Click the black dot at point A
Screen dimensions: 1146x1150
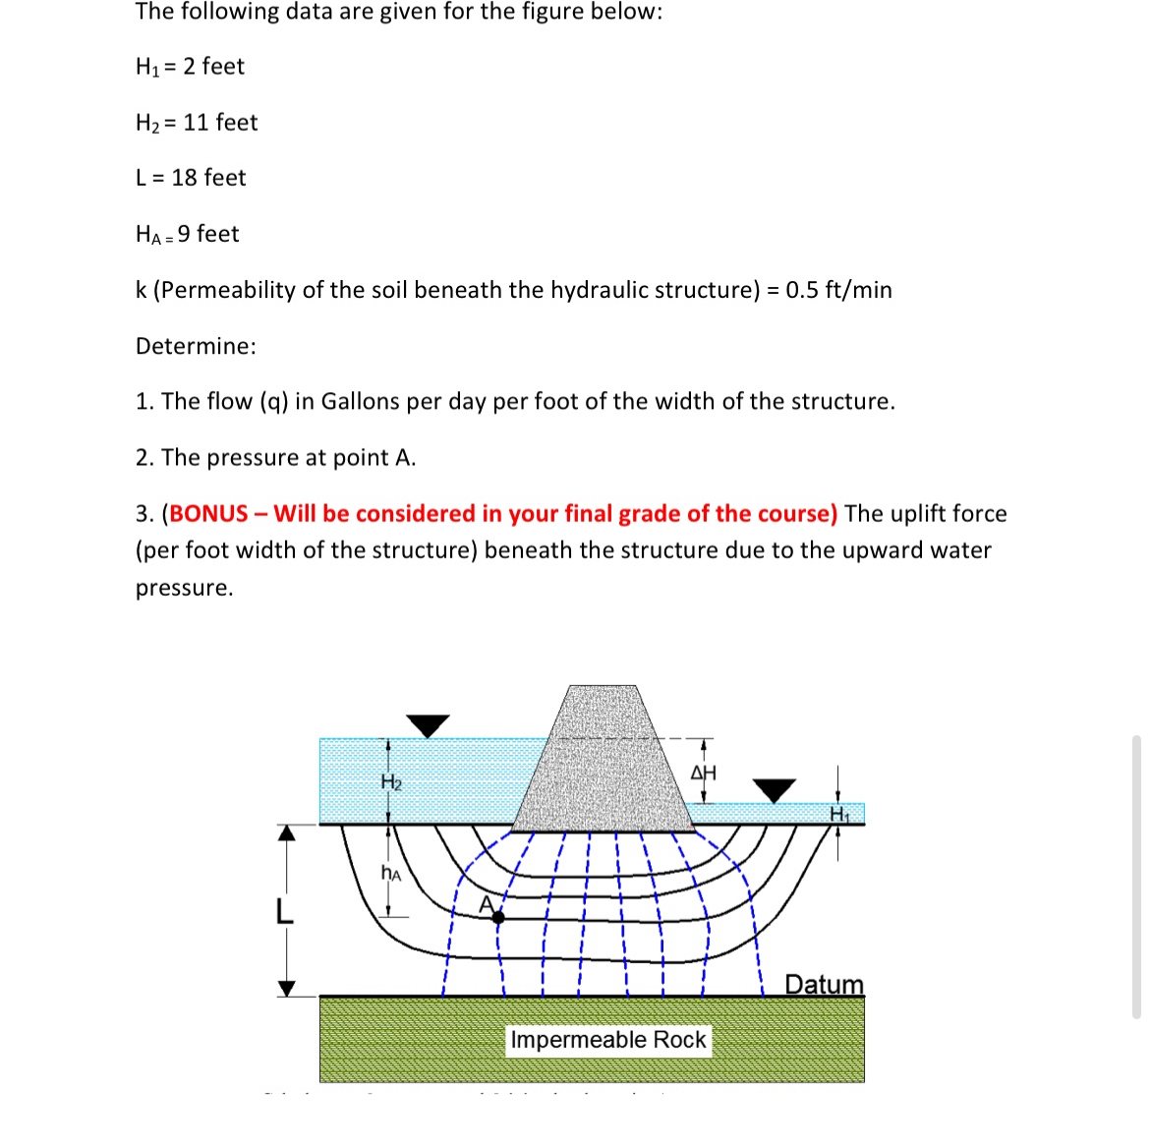pyautogui.click(x=498, y=917)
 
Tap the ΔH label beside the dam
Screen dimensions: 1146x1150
pyautogui.click(x=704, y=773)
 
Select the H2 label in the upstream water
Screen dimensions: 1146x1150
pyautogui.click(x=391, y=782)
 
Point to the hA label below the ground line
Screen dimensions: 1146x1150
pyautogui.click(x=390, y=872)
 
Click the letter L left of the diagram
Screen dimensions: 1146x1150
pyautogui.click(x=284, y=912)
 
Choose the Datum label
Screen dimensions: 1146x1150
pyautogui.click(x=824, y=984)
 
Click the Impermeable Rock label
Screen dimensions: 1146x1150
pyautogui.click(x=607, y=1040)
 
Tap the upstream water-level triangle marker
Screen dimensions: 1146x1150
pyautogui.click(x=428, y=725)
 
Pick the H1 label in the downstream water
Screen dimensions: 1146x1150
pyautogui.click(x=838, y=815)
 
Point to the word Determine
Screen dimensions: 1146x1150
pyautogui.click(x=196, y=346)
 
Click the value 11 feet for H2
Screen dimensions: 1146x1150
pyautogui.click(x=220, y=123)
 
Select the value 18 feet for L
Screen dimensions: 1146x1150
pyautogui.click(x=208, y=178)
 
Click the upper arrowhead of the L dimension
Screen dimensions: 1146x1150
pyautogui.click(x=286, y=833)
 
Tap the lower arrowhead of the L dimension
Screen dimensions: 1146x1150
pyautogui.click(x=286, y=988)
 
